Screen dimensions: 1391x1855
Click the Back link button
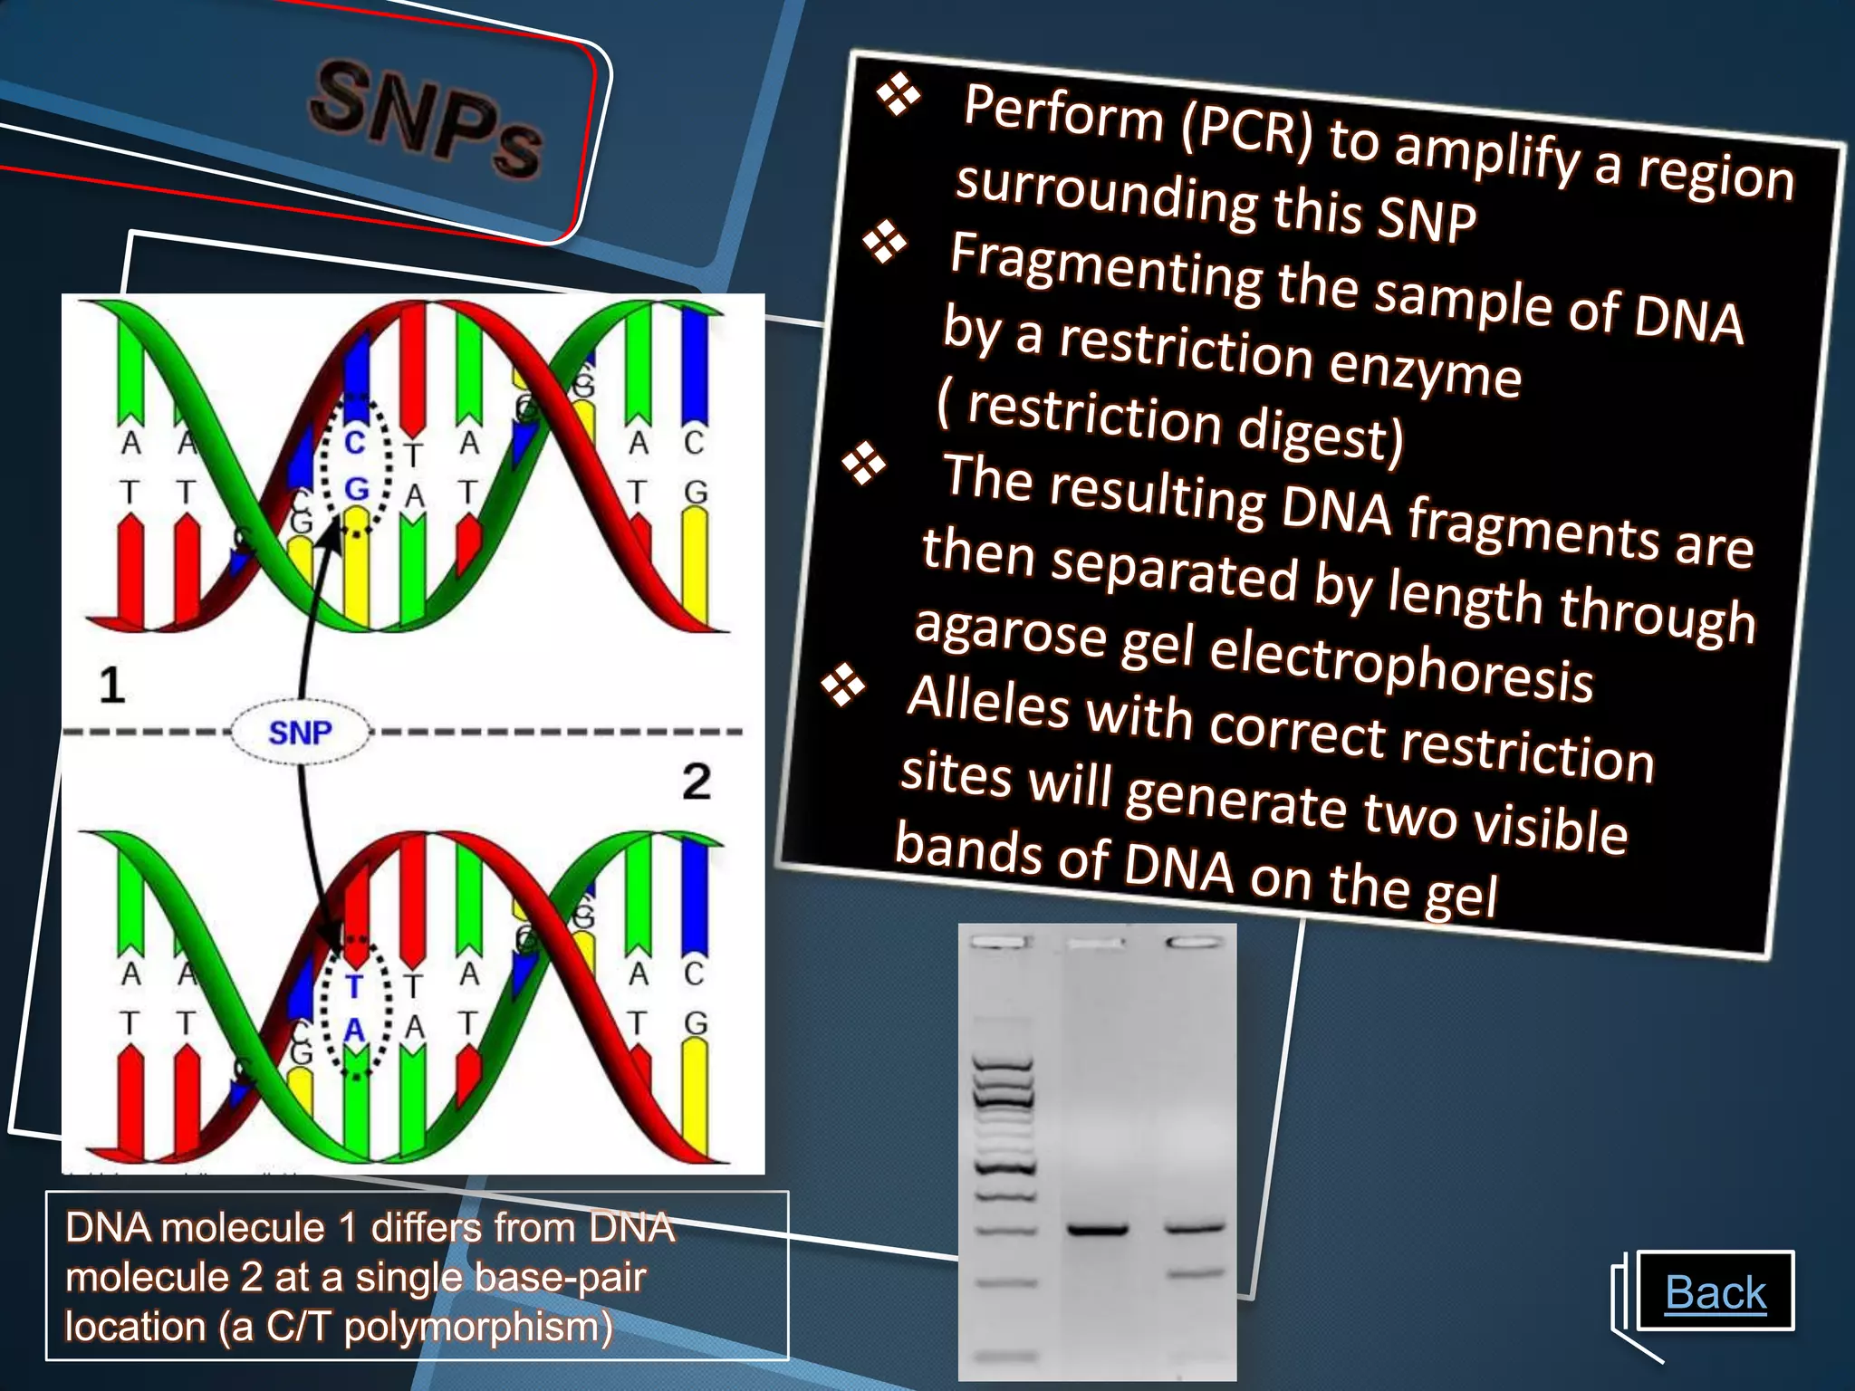(1716, 1292)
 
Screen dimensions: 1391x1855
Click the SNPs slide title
(426, 119)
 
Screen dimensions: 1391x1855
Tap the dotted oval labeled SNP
(300, 732)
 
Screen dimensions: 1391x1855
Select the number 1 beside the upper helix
(111, 686)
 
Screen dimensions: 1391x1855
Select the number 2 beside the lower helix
(696, 782)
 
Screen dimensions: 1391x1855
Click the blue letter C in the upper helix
(354, 443)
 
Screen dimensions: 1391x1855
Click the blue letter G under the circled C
(357, 490)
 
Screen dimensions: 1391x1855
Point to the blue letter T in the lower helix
(354, 986)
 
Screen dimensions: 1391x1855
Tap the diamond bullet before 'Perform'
(898, 95)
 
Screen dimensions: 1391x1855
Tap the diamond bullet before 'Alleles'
(843, 686)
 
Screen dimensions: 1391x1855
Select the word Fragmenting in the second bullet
(1105, 268)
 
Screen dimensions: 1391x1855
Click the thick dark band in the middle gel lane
(1098, 1230)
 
